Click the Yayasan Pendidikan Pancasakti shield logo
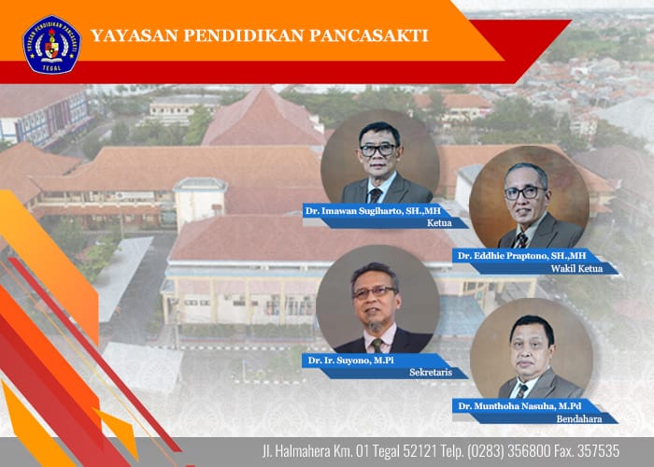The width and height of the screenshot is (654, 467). [x=51, y=44]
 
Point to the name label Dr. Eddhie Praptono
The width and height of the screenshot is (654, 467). [x=521, y=255]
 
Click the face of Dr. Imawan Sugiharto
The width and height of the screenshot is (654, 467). [x=378, y=150]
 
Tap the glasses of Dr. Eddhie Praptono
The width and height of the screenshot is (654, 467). [x=525, y=193]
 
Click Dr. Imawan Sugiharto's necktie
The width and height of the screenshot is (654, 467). [x=376, y=195]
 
